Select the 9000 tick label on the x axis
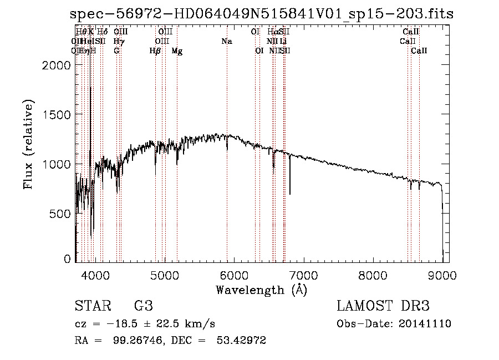442,275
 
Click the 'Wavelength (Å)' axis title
261,290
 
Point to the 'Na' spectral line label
226,41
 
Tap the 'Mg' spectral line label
177,51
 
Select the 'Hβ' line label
155,51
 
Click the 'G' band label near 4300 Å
116,51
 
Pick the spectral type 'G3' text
143,306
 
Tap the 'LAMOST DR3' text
383,306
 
